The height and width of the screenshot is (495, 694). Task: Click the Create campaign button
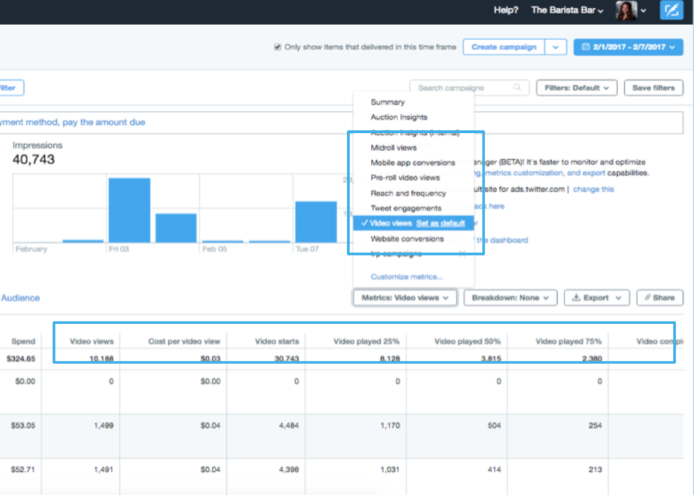point(504,47)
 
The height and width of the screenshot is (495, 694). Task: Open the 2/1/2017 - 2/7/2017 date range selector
point(628,47)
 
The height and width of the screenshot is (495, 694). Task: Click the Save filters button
point(653,87)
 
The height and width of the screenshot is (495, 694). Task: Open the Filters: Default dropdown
point(577,87)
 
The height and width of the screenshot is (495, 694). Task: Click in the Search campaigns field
point(464,87)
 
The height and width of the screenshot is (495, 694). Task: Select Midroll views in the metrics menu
point(394,147)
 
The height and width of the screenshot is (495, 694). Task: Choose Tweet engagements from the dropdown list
point(406,208)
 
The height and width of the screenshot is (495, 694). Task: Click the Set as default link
point(441,223)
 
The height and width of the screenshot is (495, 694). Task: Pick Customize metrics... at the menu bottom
point(407,277)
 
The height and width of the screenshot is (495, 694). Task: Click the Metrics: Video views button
point(404,298)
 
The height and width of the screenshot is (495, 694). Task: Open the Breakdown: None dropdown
point(510,298)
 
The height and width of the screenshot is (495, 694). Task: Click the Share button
point(659,298)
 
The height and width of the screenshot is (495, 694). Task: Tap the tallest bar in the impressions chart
point(129,210)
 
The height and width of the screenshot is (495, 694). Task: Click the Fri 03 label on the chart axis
point(119,250)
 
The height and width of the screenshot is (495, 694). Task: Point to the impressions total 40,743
point(34,160)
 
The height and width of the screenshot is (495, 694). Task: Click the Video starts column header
point(277,341)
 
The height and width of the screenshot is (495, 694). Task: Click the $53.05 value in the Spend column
point(24,425)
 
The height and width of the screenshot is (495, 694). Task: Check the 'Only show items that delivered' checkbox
point(277,47)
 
